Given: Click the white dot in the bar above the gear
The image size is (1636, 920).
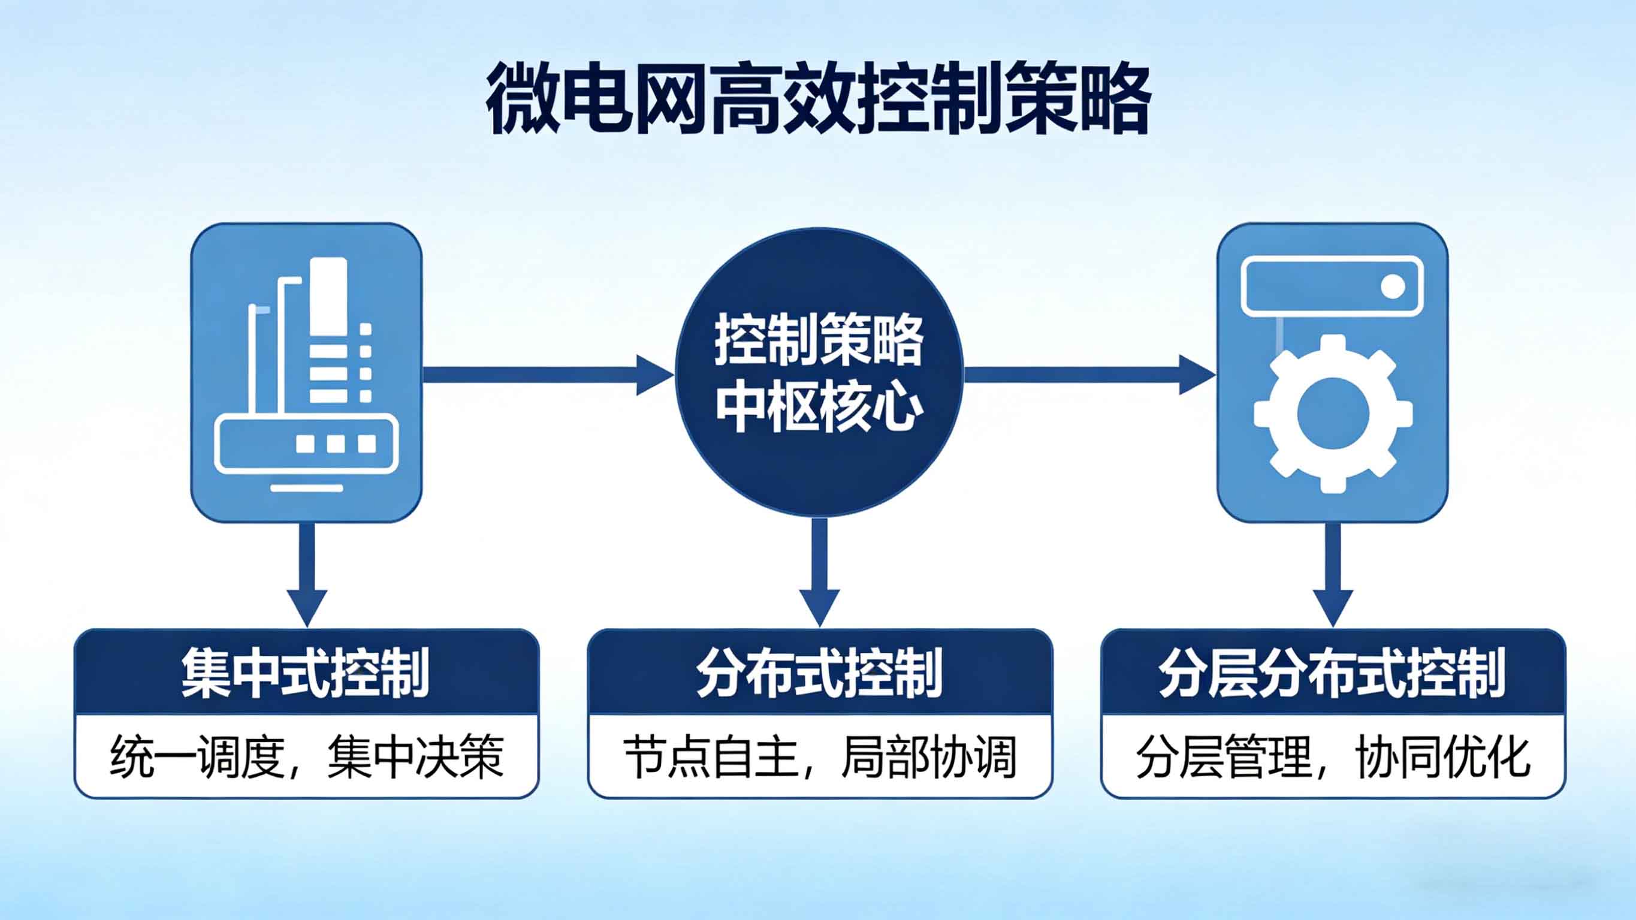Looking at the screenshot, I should pos(1393,286).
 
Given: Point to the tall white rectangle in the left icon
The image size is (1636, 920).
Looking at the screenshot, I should pos(328,298).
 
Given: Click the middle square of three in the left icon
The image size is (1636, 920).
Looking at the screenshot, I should pos(336,444).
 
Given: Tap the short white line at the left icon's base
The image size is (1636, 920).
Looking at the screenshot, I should pos(307,488).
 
